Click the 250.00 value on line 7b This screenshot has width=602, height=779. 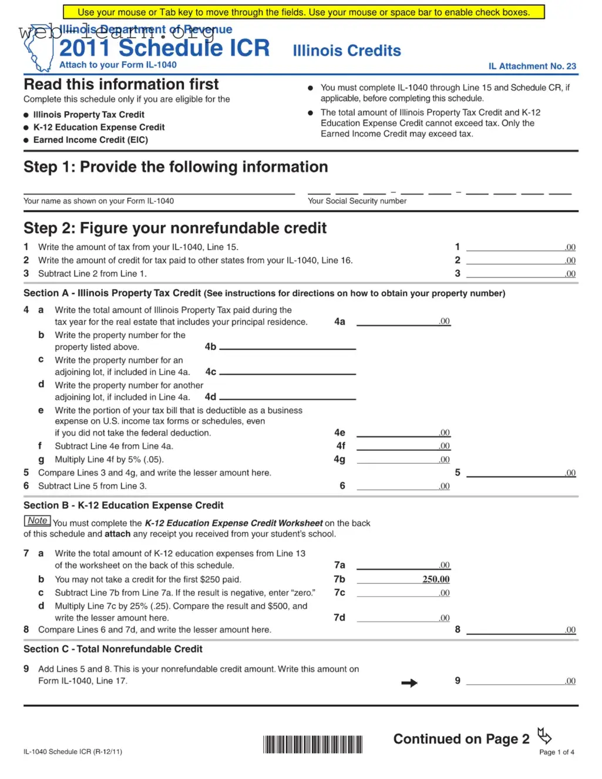436,579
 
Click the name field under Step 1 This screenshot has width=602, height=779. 159,189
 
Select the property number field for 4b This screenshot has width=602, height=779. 287,345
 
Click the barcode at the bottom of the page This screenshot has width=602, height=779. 312,744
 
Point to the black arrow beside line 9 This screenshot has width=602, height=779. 409,683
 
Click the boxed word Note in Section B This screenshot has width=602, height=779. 38,521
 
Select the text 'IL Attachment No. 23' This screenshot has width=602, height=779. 532,66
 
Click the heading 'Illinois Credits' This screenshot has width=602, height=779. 347,51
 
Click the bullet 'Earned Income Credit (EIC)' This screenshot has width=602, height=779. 90,140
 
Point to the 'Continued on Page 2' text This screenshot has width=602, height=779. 461,739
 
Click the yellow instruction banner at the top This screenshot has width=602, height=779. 304,12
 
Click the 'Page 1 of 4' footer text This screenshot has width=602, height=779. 556,752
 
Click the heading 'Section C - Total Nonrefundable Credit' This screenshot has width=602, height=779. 113,649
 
